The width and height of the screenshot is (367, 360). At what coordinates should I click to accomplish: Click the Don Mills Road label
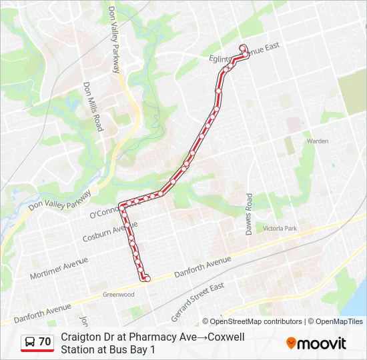point(92,107)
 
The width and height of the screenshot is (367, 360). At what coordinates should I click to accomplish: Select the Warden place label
point(318,141)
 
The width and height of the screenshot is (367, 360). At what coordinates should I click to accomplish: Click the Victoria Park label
point(280,229)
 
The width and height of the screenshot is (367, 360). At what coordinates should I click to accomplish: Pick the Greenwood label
point(118,295)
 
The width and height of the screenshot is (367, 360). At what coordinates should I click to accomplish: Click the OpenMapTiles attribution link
point(337,321)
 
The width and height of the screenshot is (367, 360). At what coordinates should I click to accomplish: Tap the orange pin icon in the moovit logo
point(291,343)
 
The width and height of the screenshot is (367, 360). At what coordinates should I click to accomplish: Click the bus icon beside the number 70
point(30,342)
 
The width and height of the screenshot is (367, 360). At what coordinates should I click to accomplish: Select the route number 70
point(45,342)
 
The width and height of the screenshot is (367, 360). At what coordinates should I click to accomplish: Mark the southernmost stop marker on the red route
point(147,279)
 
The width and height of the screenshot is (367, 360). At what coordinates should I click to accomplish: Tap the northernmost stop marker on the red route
point(243,47)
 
